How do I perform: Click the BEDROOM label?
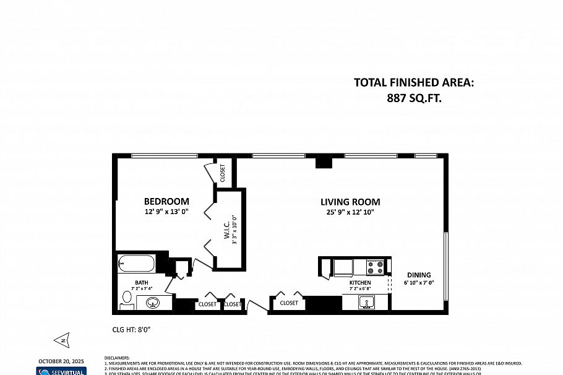pyautogui.click(x=166, y=202)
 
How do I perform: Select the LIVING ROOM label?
pyautogui.click(x=350, y=202)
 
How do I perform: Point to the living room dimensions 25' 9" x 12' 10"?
pyautogui.click(x=350, y=212)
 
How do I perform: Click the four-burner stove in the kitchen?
pyautogui.click(x=376, y=267)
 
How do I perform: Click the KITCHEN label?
pyautogui.click(x=360, y=283)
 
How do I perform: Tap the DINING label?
pyautogui.click(x=419, y=275)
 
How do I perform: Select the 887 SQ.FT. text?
pyautogui.click(x=413, y=98)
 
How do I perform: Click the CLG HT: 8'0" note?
pyautogui.click(x=132, y=329)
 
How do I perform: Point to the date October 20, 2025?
pyautogui.click(x=61, y=361)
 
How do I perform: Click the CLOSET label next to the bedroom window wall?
pyautogui.click(x=223, y=173)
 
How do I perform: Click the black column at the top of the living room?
pyautogui.click(x=324, y=163)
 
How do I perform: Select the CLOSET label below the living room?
pyautogui.click(x=289, y=303)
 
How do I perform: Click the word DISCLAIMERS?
pyautogui.click(x=118, y=358)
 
